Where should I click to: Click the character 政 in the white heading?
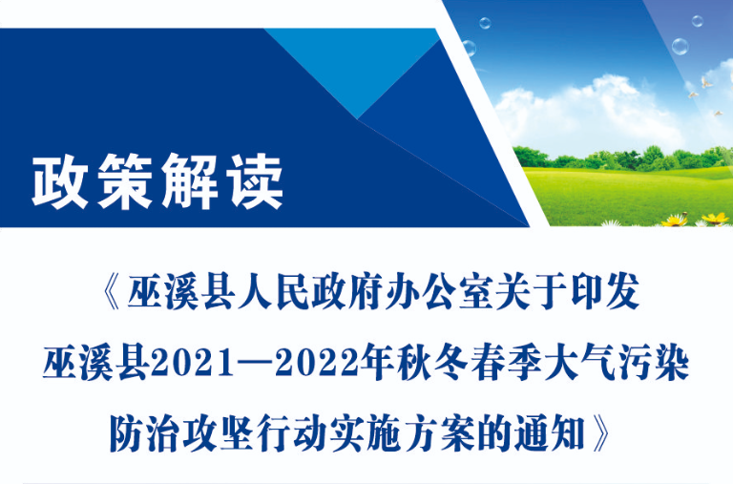pos(60,181)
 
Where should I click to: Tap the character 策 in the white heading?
pos(125,181)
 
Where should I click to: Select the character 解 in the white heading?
pos(190,181)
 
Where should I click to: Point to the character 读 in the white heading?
pos(255,181)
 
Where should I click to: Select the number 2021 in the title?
pos(193,365)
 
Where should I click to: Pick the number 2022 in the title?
pos(317,365)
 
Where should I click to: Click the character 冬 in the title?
pos(452,364)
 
